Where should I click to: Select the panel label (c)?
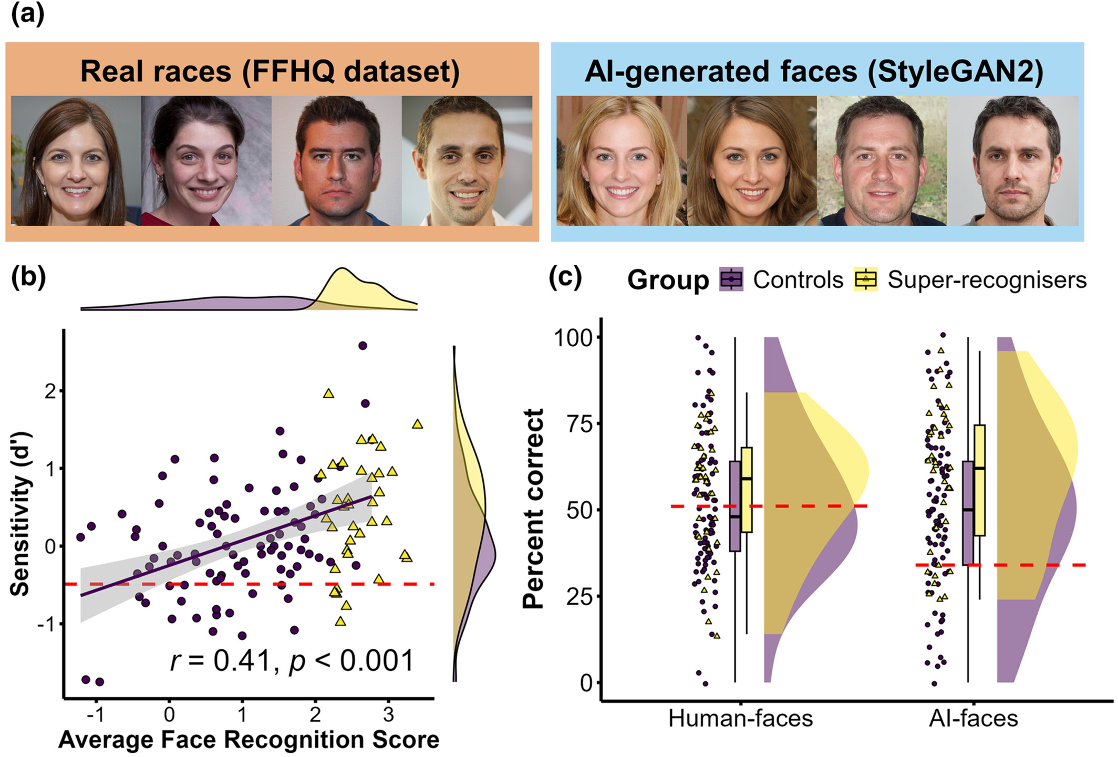[x=565, y=277]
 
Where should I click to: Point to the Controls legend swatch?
[x=731, y=279]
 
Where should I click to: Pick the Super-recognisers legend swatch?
[x=866, y=279]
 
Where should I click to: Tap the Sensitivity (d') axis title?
[x=20, y=514]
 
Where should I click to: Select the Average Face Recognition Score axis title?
[x=249, y=740]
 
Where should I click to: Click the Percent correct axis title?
[x=533, y=509]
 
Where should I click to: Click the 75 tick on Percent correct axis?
[x=580, y=423]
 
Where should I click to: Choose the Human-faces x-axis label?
[x=740, y=718]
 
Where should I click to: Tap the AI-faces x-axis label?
[x=973, y=718]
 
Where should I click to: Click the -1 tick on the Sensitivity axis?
[x=48, y=624]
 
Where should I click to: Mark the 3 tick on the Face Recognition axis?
[x=388, y=714]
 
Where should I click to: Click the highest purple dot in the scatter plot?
[x=363, y=346]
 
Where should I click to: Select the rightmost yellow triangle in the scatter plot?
[x=418, y=424]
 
